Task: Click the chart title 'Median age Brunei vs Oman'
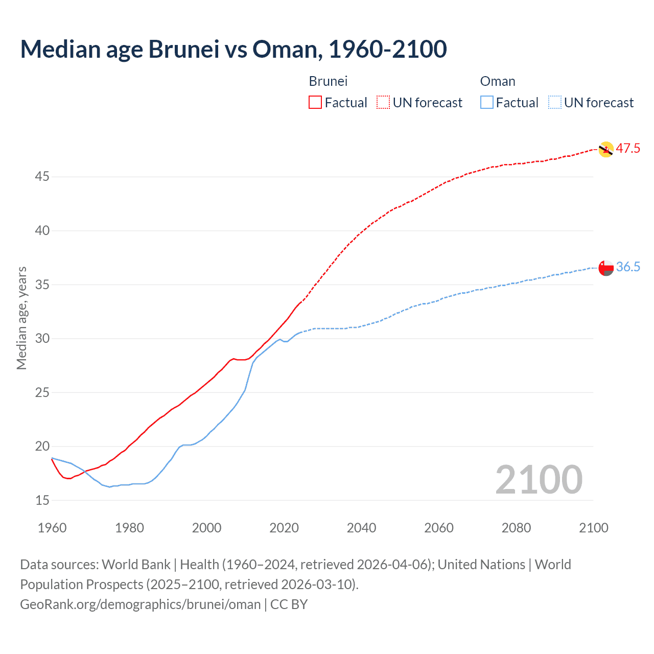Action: point(233,50)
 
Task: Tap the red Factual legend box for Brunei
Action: point(315,103)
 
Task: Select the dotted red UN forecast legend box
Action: point(383,103)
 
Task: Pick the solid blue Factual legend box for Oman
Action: point(487,103)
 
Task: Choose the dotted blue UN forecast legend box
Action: point(555,103)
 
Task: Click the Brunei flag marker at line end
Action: point(605,149)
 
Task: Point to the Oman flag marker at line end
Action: point(605,268)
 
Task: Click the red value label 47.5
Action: point(628,149)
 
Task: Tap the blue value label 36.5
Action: point(628,267)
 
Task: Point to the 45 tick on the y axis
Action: point(42,177)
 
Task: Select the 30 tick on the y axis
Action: point(42,339)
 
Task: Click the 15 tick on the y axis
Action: point(42,501)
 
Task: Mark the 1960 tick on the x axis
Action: point(52,528)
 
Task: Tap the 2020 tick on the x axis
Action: point(284,528)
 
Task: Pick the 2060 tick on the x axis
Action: point(439,528)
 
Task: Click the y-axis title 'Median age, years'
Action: point(21,318)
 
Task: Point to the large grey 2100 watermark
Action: point(539,480)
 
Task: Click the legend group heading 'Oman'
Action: point(498,81)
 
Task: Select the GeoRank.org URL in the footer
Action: point(141,604)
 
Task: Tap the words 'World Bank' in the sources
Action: point(136,565)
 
